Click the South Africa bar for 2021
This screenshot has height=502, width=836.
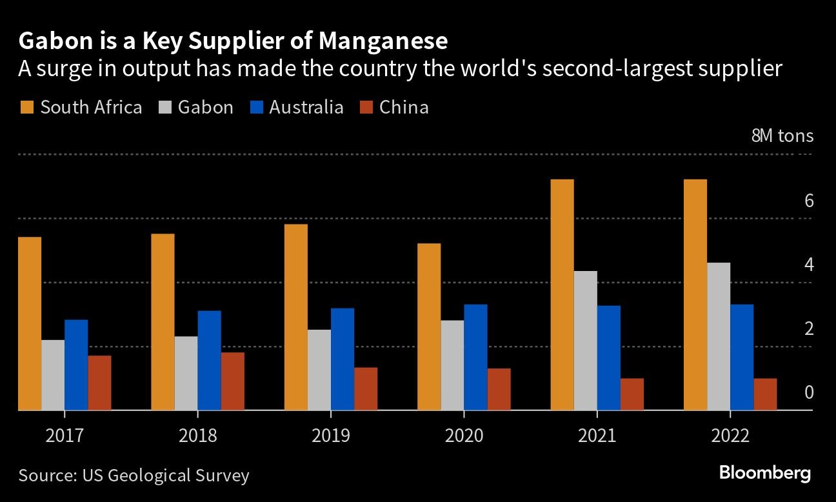(562, 295)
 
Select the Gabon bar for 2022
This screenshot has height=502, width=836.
(719, 336)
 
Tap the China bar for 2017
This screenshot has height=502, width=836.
(99, 383)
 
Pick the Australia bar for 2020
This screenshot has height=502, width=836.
(475, 357)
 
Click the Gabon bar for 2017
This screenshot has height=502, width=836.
(53, 375)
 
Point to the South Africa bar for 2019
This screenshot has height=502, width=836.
(296, 317)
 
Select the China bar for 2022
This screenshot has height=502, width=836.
(765, 394)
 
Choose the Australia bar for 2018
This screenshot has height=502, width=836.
(209, 360)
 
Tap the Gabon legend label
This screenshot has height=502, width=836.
(205, 107)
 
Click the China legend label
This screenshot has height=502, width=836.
(404, 107)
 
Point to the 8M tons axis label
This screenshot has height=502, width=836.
(782, 136)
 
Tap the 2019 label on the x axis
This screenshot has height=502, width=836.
(331, 436)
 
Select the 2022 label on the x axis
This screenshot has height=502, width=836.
(730, 436)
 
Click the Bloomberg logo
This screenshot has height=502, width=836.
(765, 473)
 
